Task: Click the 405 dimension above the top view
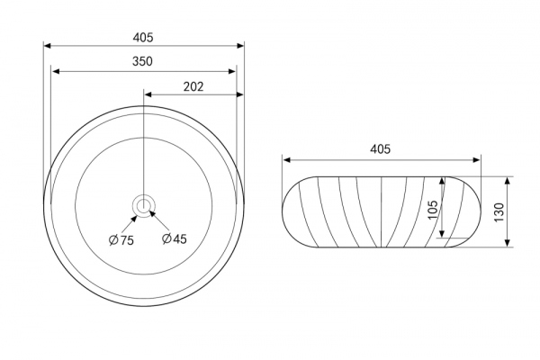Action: click(x=143, y=37)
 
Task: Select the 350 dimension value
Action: click(x=142, y=61)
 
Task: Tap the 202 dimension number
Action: click(x=193, y=86)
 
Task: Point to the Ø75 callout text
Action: click(x=121, y=239)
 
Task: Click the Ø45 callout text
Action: click(x=175, y=238)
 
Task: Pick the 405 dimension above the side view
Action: click(x=380, y=149)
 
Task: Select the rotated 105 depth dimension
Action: click(x=432, y=210)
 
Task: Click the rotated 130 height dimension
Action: click(x=499, y=212)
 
